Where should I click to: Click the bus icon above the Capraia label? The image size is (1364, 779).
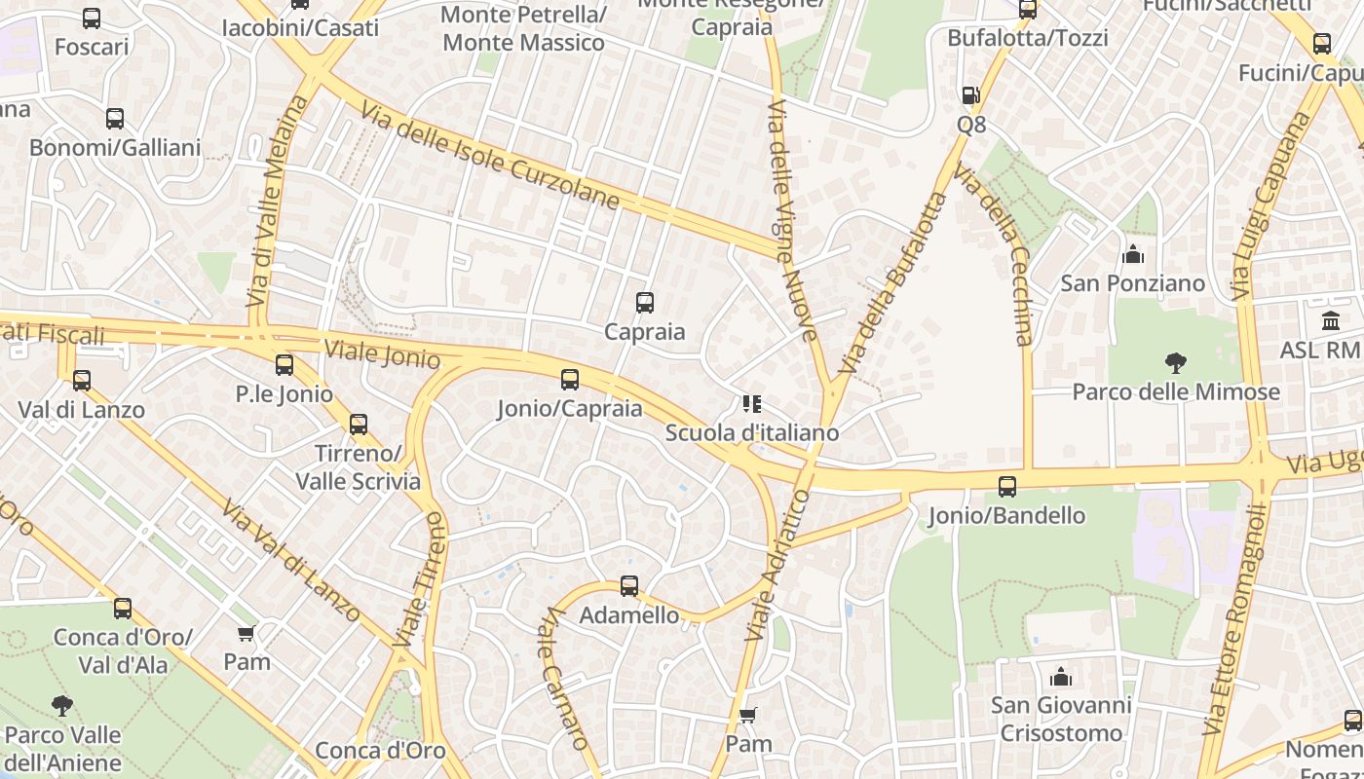click(x=644, y=303)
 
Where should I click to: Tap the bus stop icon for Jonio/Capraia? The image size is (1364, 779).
click(x=570, y=380)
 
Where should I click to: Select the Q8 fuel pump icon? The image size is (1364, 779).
click(x=970, y=95)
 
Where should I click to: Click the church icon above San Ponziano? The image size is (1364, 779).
click(x=1133, y=255)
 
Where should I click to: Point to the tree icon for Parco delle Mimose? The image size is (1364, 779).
click(x=1176, y=363)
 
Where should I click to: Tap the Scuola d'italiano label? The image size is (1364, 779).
click(x=751, y=432)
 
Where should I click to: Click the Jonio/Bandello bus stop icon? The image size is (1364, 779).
click(x=1007, y=486)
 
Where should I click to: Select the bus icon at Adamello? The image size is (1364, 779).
click(x=629, y=586)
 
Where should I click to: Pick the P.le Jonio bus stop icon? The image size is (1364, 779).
click(x=284, y=365)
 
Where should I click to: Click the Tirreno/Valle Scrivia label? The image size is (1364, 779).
click(x=358, y=467)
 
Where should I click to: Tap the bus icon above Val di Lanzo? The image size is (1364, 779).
click(x=82, y=381)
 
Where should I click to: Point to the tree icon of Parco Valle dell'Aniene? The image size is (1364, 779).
click(x=62, y=705)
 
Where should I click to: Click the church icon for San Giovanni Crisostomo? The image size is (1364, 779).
click(x=1061, y=677)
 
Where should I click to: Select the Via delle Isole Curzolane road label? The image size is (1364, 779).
click(x=489, y=156)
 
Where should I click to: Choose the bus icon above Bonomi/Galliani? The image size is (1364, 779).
click(x=115, y=119)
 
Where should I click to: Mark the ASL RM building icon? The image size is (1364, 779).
click(x=1331, y=320)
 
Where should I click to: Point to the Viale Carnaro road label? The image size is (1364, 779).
click(x=565, y=678)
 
